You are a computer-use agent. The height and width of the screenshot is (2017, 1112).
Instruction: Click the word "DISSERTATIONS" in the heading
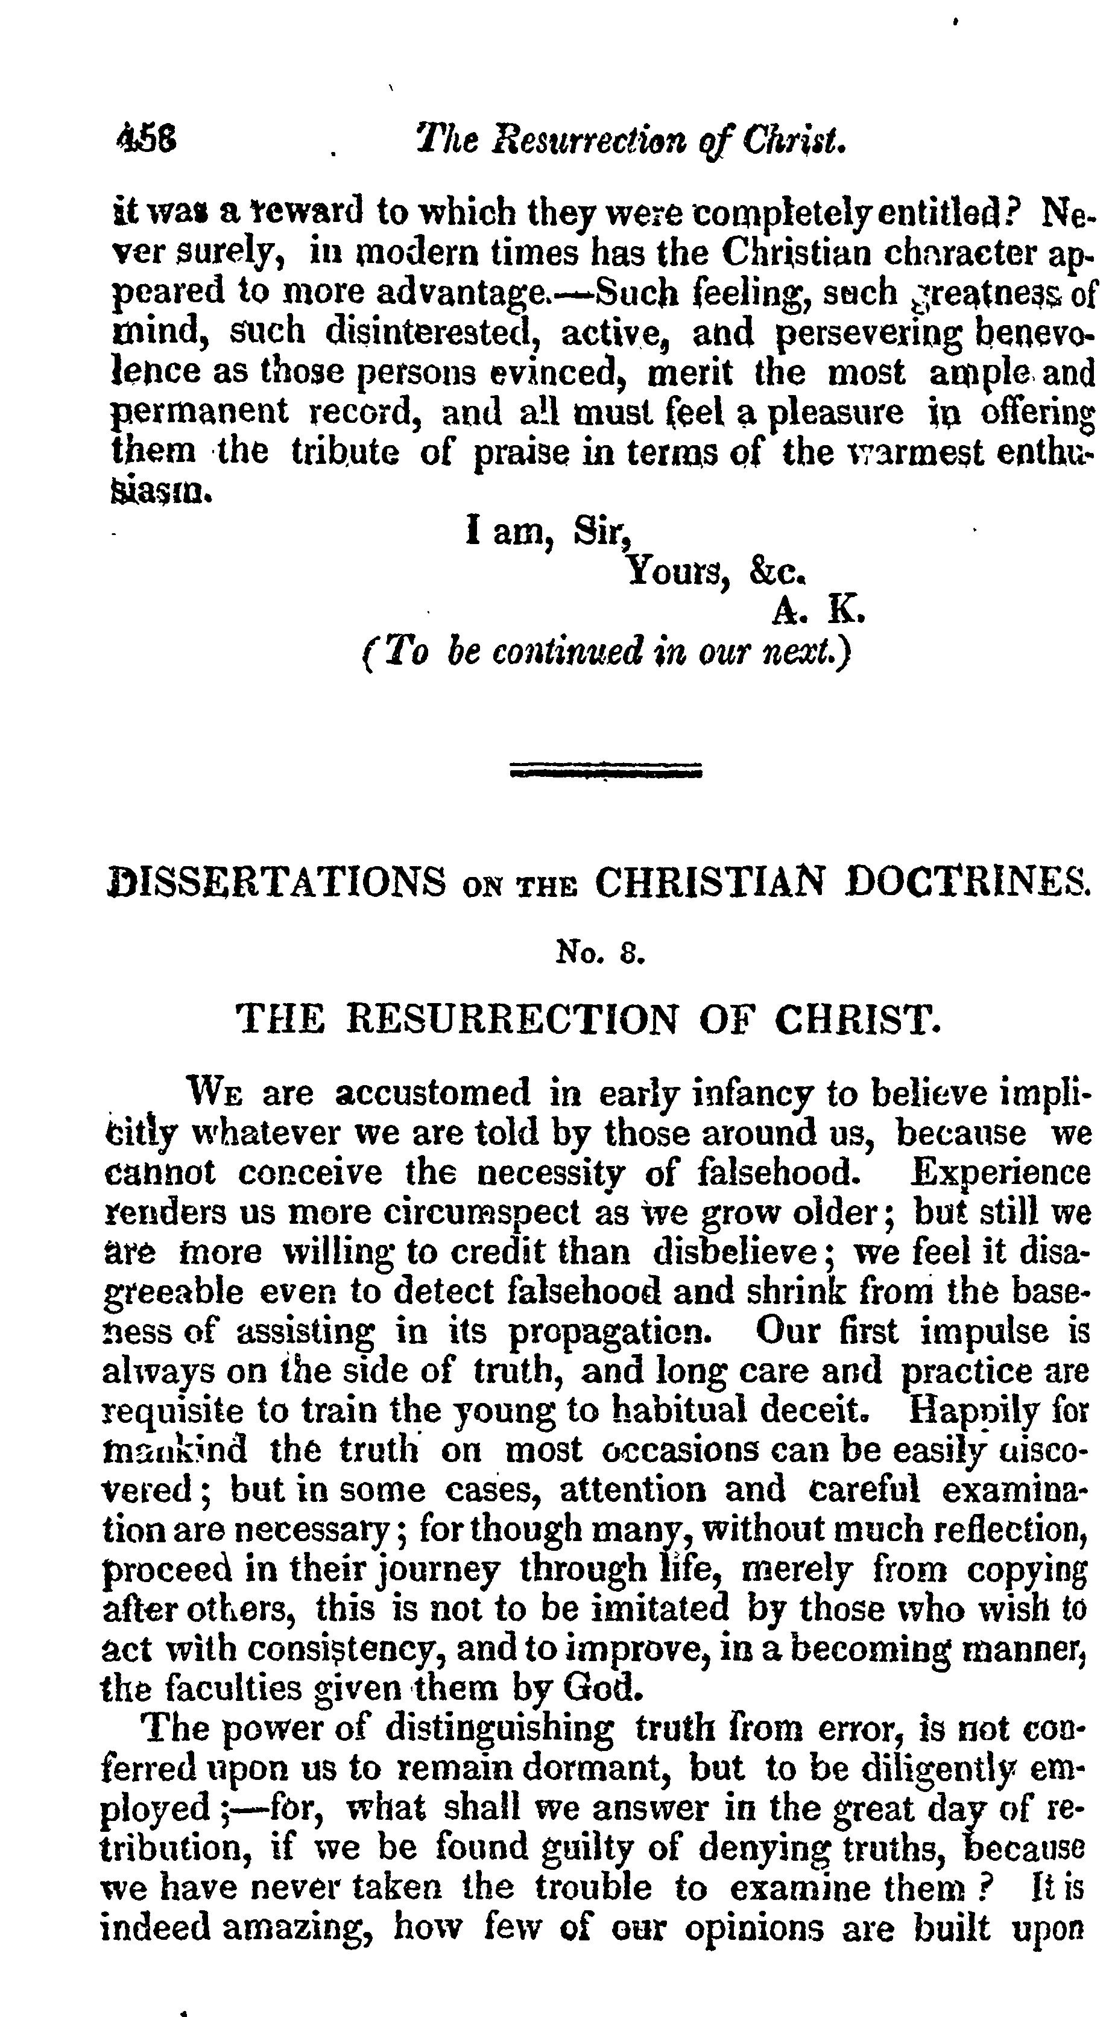pos(276,882)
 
